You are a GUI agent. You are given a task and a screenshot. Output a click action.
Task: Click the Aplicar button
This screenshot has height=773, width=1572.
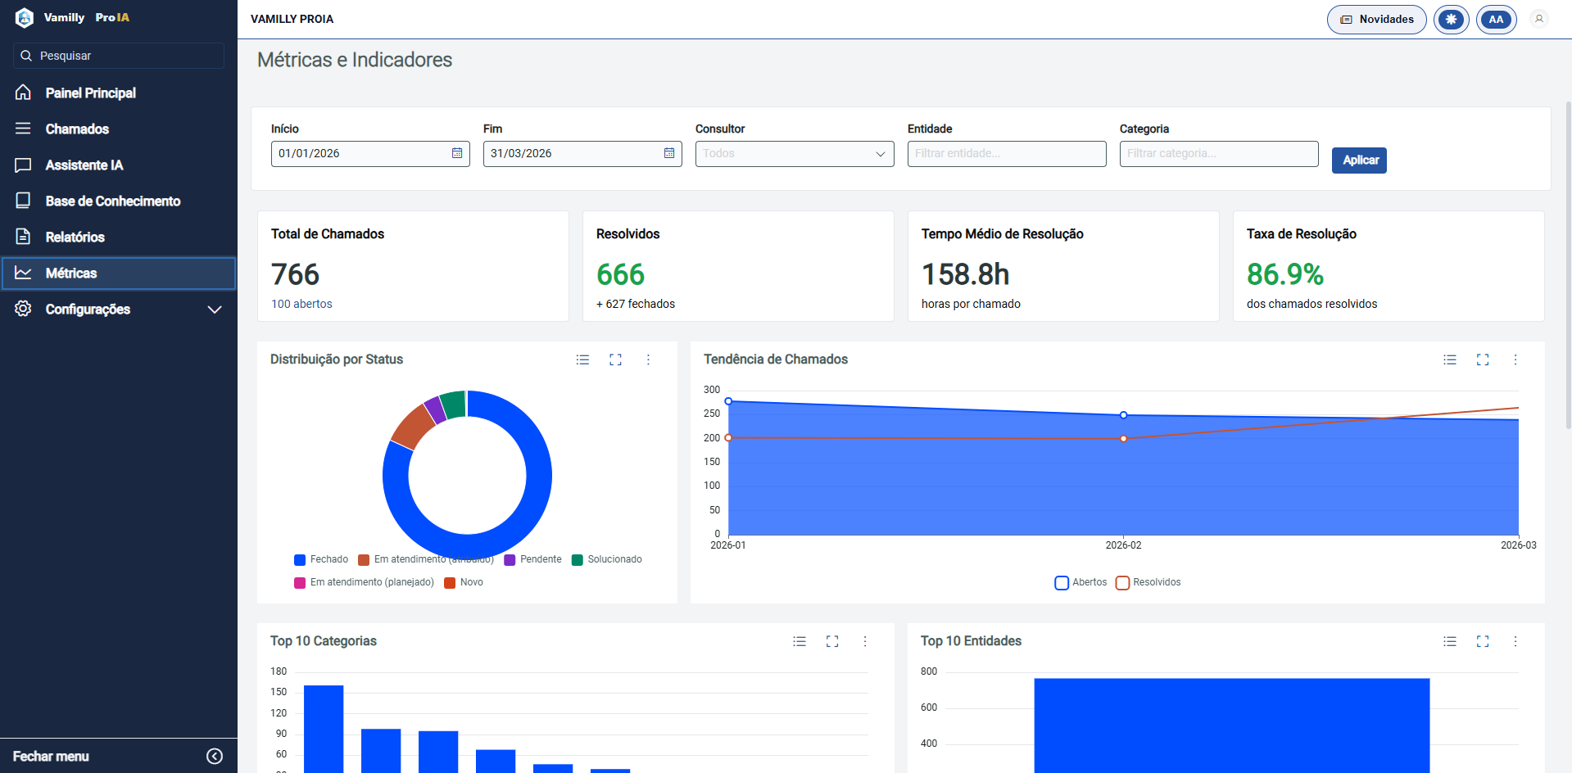(1359, 160)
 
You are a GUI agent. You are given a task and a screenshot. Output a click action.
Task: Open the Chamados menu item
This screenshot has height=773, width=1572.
(77, 129)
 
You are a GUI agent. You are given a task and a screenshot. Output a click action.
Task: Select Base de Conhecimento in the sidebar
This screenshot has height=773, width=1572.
(112, 201)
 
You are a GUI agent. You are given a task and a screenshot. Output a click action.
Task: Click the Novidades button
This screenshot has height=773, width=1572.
(1376, 20)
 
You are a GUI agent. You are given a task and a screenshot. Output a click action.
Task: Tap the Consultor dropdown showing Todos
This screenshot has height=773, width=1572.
(794, 154)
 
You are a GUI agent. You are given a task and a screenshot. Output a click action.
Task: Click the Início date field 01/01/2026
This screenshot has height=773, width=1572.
(360, 154)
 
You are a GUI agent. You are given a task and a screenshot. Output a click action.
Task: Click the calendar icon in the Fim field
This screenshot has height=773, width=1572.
(669, 154)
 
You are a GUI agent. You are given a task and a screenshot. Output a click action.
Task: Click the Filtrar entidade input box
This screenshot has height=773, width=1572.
(1006, 154)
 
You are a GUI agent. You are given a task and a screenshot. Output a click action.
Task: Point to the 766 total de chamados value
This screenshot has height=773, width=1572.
(295, 274)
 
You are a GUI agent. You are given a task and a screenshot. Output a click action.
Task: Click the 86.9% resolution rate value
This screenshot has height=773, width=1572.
(1284, 274)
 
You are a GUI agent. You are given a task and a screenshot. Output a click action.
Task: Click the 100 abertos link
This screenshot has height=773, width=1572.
(301, 304)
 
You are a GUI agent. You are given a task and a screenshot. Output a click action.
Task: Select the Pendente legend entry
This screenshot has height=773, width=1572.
(533, 560)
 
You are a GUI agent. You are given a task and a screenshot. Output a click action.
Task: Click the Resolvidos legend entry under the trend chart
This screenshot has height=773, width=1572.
(1148, 583)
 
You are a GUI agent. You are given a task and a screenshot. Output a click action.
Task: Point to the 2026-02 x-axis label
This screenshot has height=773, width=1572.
(1123, 545)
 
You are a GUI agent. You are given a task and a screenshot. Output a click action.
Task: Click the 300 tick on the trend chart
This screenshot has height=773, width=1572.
(712, 390)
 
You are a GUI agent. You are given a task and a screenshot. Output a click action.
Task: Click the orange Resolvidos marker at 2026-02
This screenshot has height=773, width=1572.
(1123, 439)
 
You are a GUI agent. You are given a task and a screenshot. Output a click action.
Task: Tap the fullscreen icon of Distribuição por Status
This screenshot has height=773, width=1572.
(615, 359)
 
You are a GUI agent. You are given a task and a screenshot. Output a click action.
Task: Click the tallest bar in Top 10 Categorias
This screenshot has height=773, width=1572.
(324, 729)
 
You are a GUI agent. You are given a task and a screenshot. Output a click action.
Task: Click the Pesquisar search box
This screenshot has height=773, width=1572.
(119, 56)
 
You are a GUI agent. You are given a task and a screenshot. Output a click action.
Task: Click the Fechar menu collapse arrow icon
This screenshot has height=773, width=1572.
(215, 757)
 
